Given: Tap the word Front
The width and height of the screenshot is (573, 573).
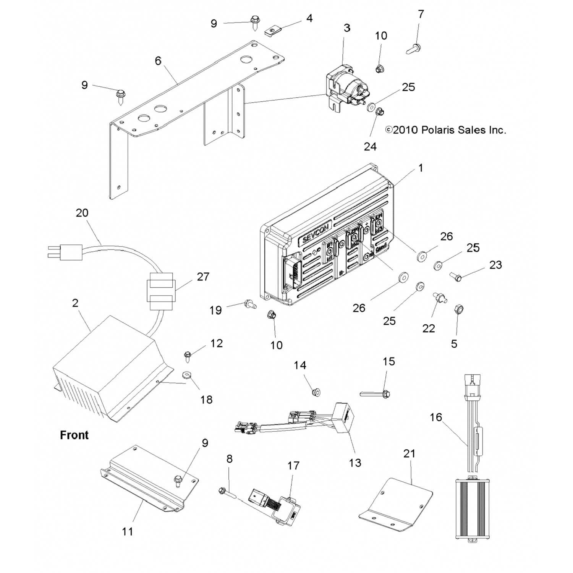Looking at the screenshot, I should tap(74, 435).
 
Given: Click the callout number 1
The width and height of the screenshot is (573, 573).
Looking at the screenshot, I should tap(421, 168).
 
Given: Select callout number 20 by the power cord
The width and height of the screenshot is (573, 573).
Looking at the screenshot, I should tap(82, 213).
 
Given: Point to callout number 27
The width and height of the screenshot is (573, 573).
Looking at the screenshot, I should tap(203, 277).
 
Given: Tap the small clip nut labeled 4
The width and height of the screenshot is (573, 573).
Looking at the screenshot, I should tap(271, 30).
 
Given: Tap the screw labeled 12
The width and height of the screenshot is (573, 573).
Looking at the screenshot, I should tap(188, 356).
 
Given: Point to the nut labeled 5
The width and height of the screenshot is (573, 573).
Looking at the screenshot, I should tap(456, 309).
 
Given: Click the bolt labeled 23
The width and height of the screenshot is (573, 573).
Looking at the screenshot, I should tap(455, 276).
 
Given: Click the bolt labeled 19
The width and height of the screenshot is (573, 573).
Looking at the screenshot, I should tap(249, 304).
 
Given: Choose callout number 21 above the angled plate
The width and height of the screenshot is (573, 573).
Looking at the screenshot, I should tap(409, 453).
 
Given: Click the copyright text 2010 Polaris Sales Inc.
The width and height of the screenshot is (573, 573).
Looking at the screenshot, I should tap(446, 130).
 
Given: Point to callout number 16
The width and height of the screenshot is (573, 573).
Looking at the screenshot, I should tap(436, 417).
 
